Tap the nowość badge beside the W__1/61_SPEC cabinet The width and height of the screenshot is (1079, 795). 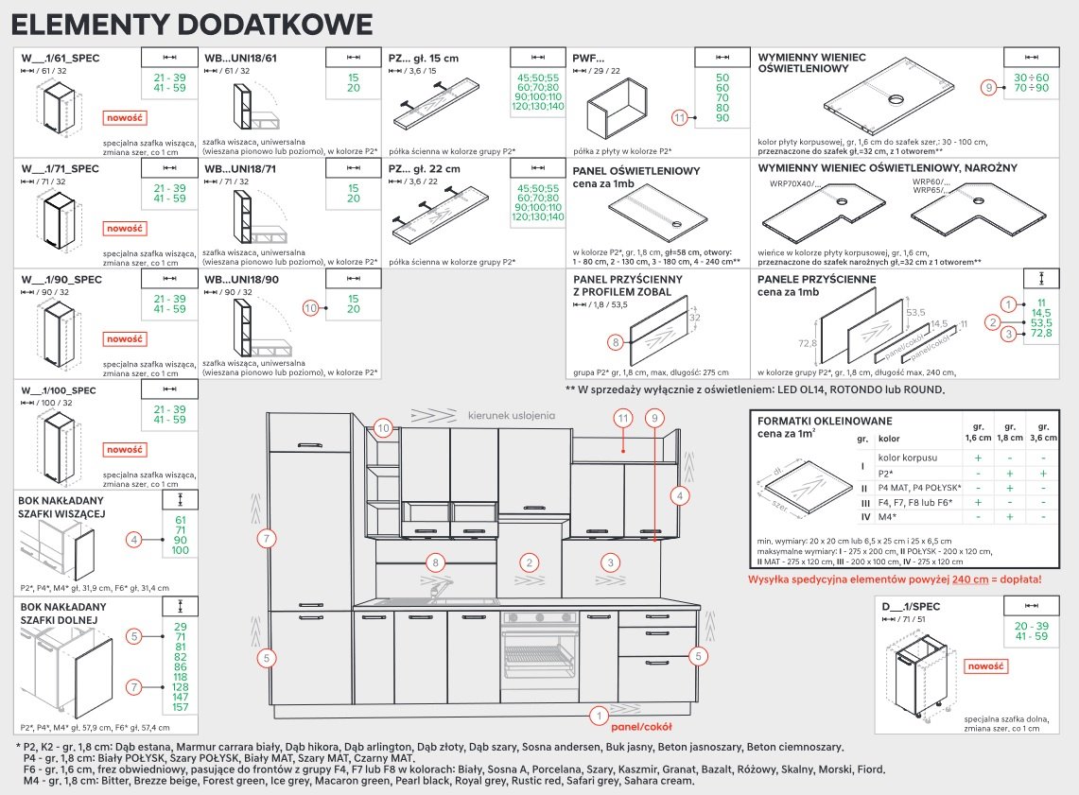pos(124,118)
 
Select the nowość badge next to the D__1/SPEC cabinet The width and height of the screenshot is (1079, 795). pos(985,666)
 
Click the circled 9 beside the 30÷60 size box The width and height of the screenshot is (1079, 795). pos(988,87)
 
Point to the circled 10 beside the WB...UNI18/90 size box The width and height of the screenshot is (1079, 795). pos(310,308)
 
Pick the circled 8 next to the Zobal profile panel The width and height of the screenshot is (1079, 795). pos(616,342)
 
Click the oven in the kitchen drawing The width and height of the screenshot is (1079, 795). pos(537,655)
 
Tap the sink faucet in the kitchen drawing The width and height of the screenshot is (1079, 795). pos(436,590)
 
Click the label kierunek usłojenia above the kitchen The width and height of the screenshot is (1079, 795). pos(512,414)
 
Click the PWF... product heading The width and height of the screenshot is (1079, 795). pos(588,58)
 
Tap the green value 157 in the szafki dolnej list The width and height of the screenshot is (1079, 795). pos(180,707)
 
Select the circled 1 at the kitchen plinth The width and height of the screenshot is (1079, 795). pos(598,717)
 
